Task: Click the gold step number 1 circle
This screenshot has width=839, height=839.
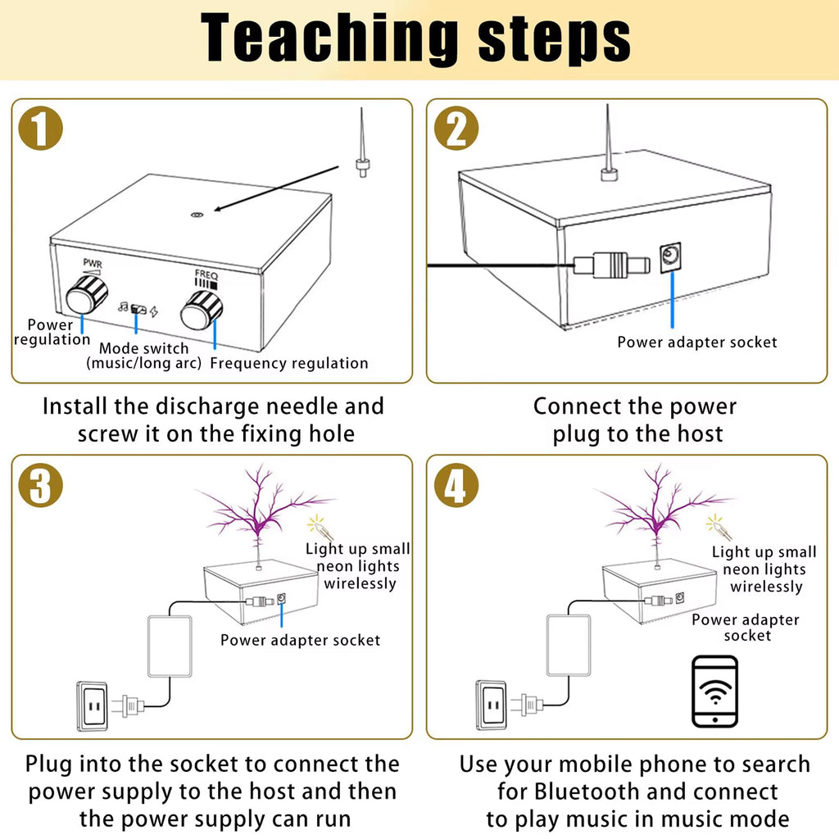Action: click(40, 129)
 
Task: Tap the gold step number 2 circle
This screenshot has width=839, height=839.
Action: click(456, 129)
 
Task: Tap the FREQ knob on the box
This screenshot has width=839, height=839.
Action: click(202, 310)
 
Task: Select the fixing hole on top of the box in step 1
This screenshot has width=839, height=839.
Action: click(197, 215)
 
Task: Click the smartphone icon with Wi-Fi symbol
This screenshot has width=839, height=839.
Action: click(714, 691)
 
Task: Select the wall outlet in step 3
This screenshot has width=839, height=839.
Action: click(92, 705)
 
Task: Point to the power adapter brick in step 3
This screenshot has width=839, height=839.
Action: click(169, 646)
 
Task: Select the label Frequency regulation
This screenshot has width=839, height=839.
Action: click(289, 363)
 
